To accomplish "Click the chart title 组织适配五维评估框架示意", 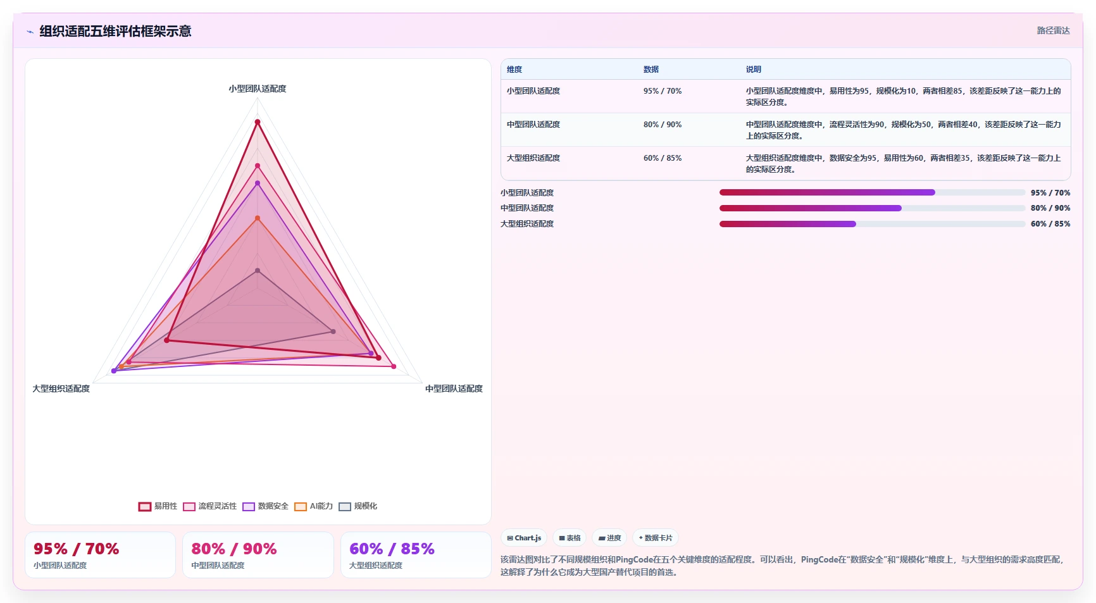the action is pyautogui.click(x=115, y=31).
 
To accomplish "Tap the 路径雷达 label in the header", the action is pyautogui.click(x=1053, y=30).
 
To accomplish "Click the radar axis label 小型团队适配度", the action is pyautogui.click(x=258, y=89).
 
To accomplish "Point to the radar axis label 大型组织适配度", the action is pyautogui.click(x=61, y=389).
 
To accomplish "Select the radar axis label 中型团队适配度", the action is pyautogui.click(x=454, y=389).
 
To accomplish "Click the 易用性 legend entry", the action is pyautogui.click(x=158, y=506).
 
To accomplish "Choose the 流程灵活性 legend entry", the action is pyautogui.click(x=210, y=506).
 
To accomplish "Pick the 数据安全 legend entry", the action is pyautogui.click(x=266, y=506).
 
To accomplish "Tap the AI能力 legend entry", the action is pyautogui.click(x=314, y=506).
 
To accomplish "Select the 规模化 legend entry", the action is pyautogui.click(x=358, y=506).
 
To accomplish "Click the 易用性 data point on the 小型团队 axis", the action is pyautogui.click(x=258, y=122).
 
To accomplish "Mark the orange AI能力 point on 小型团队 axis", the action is pyautogui.click(x=258, y=218).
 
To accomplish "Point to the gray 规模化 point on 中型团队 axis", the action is pyautogui.click(x=333, y=332).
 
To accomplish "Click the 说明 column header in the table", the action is pyautogui.click(x=753, y=70).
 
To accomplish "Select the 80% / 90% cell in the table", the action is pyautogui.click(x=663, y=125).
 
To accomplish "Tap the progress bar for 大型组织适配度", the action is pyautogui.click(x=872, y=224).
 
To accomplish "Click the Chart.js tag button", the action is pyautogui.click(x=525, y=538).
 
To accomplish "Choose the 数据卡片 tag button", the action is pyautogui.click(x=656, y=538).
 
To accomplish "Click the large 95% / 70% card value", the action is pyautogui.click(x=76, y=549).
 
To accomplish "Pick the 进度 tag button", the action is pyautogui.click(x=610, y=538).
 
